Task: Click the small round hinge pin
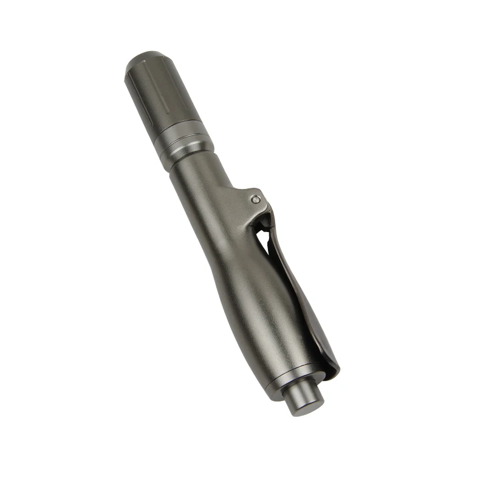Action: (x=256, y=199)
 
